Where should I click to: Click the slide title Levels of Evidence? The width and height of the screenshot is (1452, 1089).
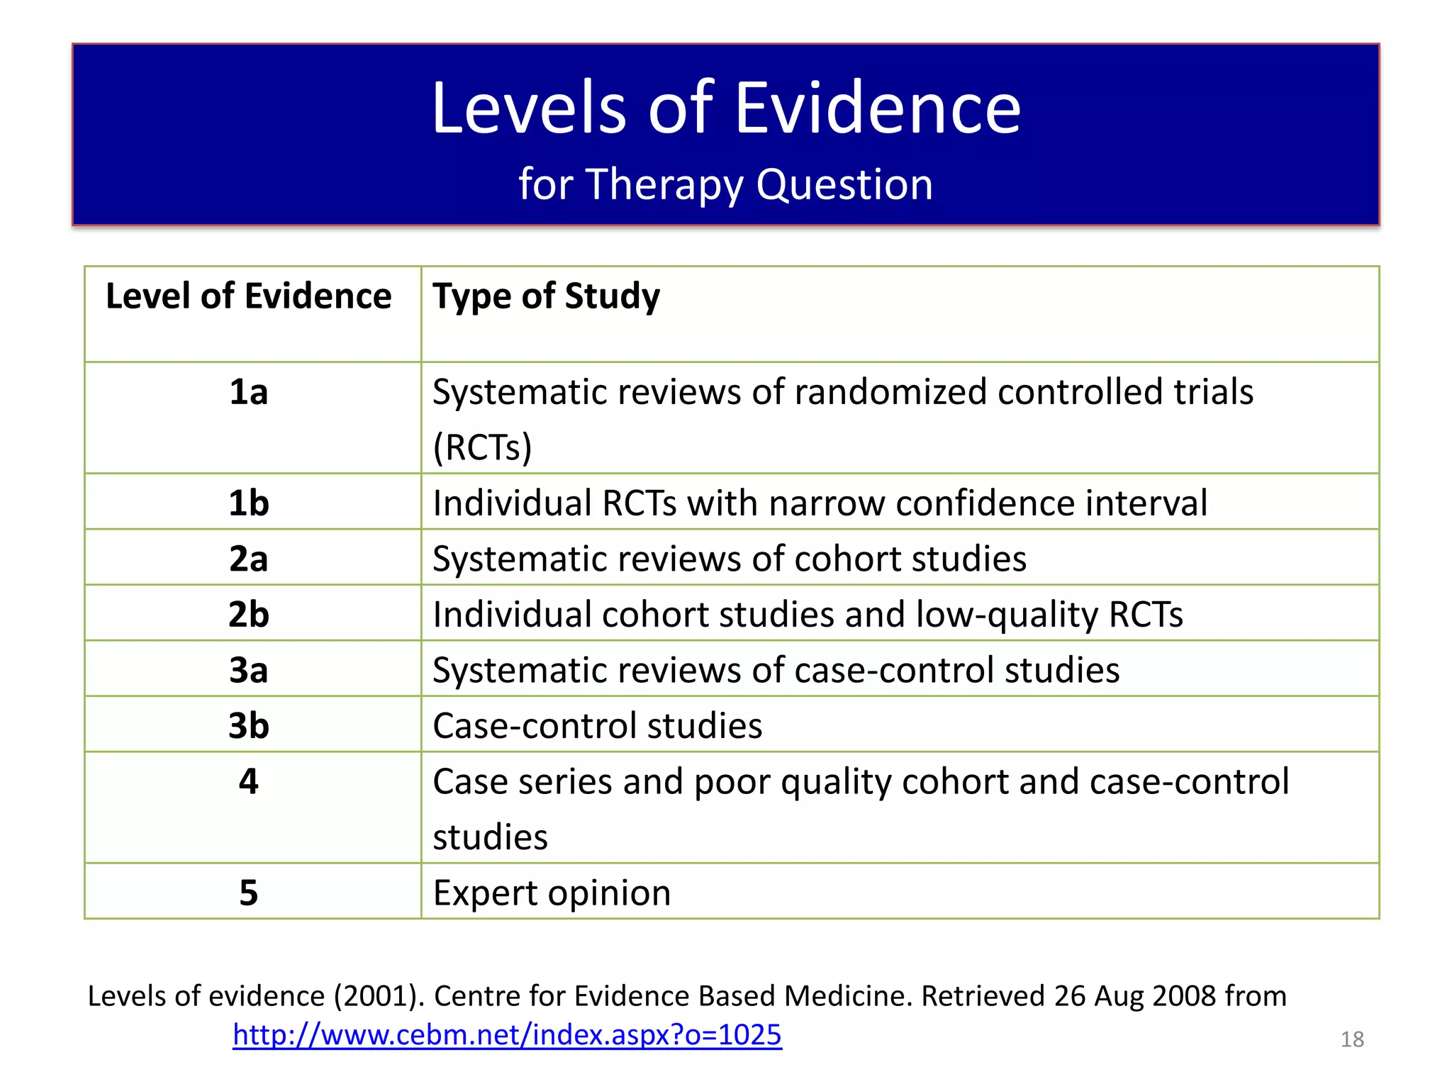[x=726, y=108]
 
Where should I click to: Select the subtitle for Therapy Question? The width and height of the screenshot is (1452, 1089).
[x=726, y=184]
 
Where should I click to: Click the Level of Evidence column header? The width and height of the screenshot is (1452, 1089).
[x=248, y=296]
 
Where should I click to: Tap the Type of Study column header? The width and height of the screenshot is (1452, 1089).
[x=546, y=296]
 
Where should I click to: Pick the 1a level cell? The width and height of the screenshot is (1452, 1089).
[x=249, y=392]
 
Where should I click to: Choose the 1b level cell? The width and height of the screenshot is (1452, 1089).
[x=249, y=503]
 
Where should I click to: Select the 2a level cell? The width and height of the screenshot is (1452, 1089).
[x=249, y=559]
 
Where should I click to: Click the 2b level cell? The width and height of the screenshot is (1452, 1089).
[x=249, y=614]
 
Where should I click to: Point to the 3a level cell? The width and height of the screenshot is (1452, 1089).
[x=249, y=670]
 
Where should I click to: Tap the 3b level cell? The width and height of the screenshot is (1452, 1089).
[x=249, y=726]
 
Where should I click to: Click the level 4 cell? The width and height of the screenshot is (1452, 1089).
[x=249, y=781]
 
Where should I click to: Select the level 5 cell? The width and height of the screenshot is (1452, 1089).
[x=249, y=893]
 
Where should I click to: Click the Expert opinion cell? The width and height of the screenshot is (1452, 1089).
[x=552, y=893]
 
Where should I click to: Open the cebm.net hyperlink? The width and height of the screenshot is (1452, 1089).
[x=507, y=1035]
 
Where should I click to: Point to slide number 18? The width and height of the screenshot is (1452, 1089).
[x=1352, y=1039]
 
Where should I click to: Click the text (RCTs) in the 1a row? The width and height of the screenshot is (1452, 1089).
[x=482, y=447]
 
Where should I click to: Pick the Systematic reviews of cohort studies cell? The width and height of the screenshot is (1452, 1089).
[x=729, y=559]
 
